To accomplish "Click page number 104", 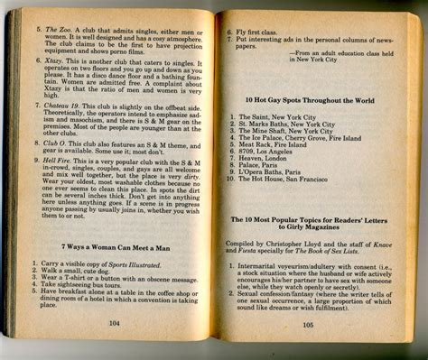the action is point(115,321).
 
